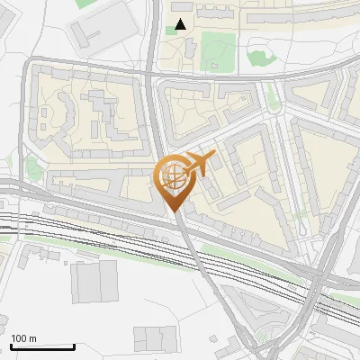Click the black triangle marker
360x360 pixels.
click(x=181, y=24)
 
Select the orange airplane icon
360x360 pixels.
click(x=199, y=164)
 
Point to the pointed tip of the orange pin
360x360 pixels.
click(x=174, y=211)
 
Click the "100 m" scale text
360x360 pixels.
click(x=23, y=338)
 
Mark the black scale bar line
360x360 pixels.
click(x=42, y=346)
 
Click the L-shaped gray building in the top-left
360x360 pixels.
click(x=88, y=34)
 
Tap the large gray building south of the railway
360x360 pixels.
click(x=94, y=282)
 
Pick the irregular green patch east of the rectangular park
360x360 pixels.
click(x=261, y=58)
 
